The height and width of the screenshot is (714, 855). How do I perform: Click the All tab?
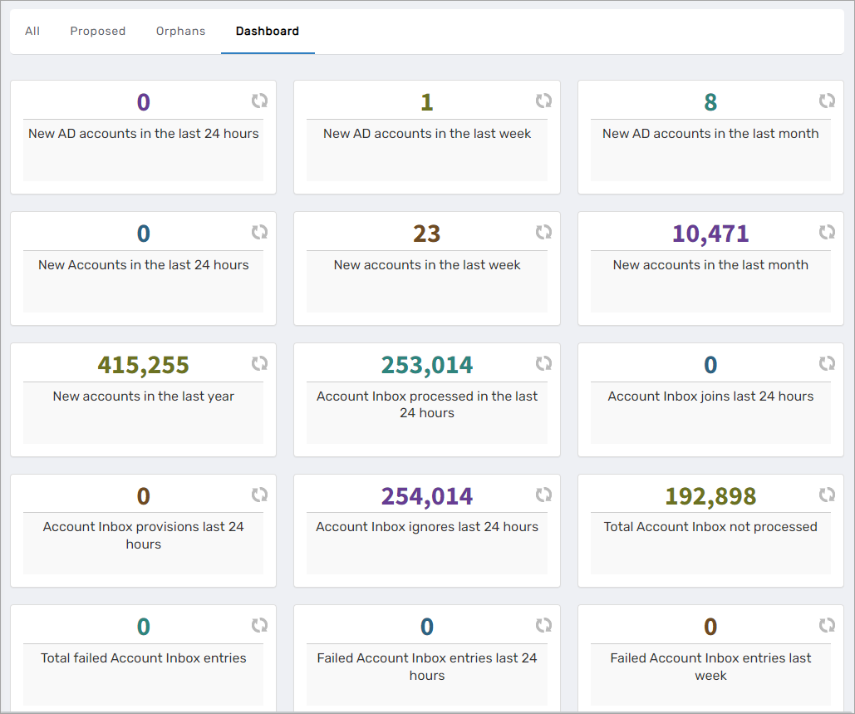(x=32, y=32)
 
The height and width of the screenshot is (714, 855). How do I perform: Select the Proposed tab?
(x=98, y=32)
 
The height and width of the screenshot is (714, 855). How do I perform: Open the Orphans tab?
(x=180, y=32)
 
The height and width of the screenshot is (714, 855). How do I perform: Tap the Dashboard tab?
(x=268, y=32)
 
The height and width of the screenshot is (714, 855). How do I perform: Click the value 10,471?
(x=710, y=234)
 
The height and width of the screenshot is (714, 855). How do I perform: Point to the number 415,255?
(x=143, y=365)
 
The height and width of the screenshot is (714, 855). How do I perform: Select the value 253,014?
(x=427, y=365)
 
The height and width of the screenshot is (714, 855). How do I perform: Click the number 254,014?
(x=427, y=496)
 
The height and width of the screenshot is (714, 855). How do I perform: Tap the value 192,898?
(x=710, y=496)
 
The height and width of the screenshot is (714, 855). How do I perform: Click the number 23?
(x=427, y=234)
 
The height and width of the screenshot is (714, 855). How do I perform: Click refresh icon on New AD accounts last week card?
(x=543, y=101)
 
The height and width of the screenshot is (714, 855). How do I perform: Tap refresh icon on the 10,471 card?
(x=827, y=232)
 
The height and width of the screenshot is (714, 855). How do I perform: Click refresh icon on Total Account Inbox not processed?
(x=827, y=495)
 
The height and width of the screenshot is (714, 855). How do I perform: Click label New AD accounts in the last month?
(x=710, y=134)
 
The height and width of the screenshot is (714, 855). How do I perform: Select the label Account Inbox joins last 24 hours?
(x=710, y=396)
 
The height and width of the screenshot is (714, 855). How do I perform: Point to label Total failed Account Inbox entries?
(x=143, y=658)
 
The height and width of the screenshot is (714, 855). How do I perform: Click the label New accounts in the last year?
(x=143, y=396)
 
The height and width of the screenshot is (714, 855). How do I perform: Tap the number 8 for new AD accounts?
(x=710, y=102)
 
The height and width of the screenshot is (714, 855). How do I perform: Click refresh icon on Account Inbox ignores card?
(x=543, y=495)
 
